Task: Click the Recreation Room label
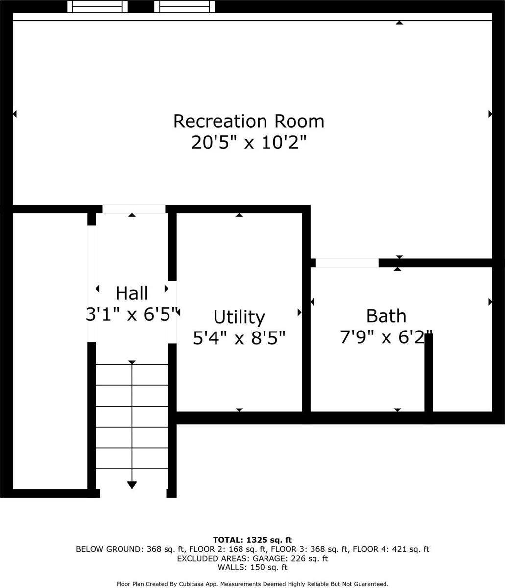click(249, 121)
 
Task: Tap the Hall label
click(132, 293)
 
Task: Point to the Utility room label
click(240, 317)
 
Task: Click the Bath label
click(386, 316)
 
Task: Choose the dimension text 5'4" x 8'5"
click(240, 338)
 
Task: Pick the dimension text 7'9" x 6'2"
click(386, 337)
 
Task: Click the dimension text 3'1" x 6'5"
click(132, 314)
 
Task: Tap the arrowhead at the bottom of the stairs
click(132, 485)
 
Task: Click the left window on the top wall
click(97, 6)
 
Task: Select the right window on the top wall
click(184, 6)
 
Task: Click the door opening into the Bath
click(347, 263)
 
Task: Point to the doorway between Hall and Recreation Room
click(134, 209)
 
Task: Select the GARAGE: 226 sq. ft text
click(292, 559)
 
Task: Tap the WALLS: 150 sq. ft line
click(252, 568)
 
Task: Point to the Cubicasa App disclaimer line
click(252, 584)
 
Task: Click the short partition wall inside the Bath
click(429, 375)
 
